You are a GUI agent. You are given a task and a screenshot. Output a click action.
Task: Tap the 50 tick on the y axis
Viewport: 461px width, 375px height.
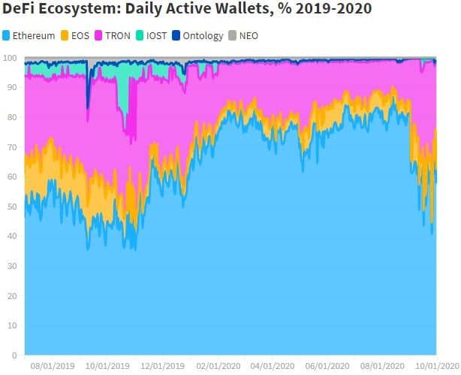12,207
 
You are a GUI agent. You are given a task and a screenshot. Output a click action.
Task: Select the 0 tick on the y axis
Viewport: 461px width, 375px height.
14,355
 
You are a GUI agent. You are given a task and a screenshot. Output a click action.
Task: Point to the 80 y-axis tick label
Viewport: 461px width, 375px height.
12,118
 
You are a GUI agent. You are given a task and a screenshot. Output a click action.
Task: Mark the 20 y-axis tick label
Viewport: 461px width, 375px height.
12,295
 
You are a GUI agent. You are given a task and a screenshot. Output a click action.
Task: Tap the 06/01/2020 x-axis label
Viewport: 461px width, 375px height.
327,367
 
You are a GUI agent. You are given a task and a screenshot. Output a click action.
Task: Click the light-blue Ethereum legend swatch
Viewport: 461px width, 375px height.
6,35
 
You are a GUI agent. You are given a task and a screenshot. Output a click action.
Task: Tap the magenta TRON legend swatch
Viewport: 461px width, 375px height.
98,35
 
